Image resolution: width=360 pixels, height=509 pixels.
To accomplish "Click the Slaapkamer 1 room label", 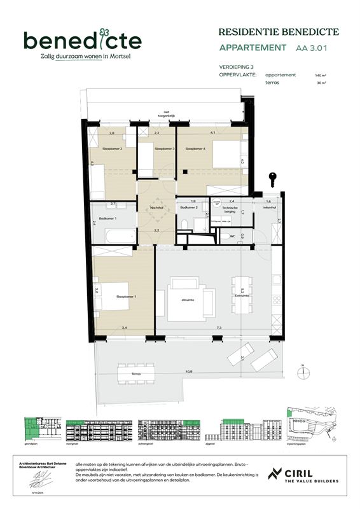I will pyautogui.click(x=126, y=296).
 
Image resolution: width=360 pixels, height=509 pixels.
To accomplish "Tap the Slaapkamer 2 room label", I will pyautogui.click(x=112, y=149).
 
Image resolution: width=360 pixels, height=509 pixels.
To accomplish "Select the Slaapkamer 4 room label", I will pyautogui.click(x=195, y=149).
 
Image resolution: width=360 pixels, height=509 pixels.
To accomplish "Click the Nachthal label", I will pyautogui.click(x=157, y=208).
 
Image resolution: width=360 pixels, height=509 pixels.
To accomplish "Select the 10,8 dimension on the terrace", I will pyautogui.click(x=189, y=371).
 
